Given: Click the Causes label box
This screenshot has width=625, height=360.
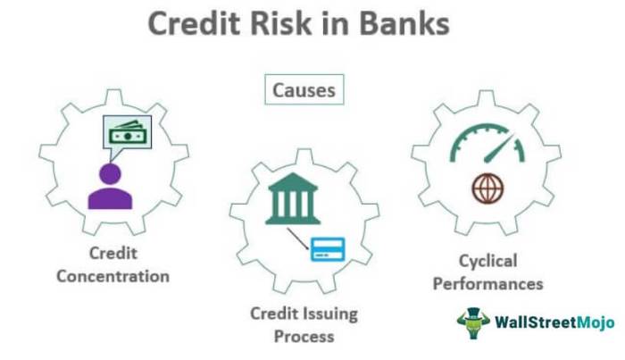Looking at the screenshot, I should [x=304, y=91].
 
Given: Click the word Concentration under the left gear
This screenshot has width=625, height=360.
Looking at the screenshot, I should [x=112, y=276].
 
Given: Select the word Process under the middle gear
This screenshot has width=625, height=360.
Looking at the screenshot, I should [x=304, y=337].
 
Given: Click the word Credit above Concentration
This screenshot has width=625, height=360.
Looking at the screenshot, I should [x=112, y=252].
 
